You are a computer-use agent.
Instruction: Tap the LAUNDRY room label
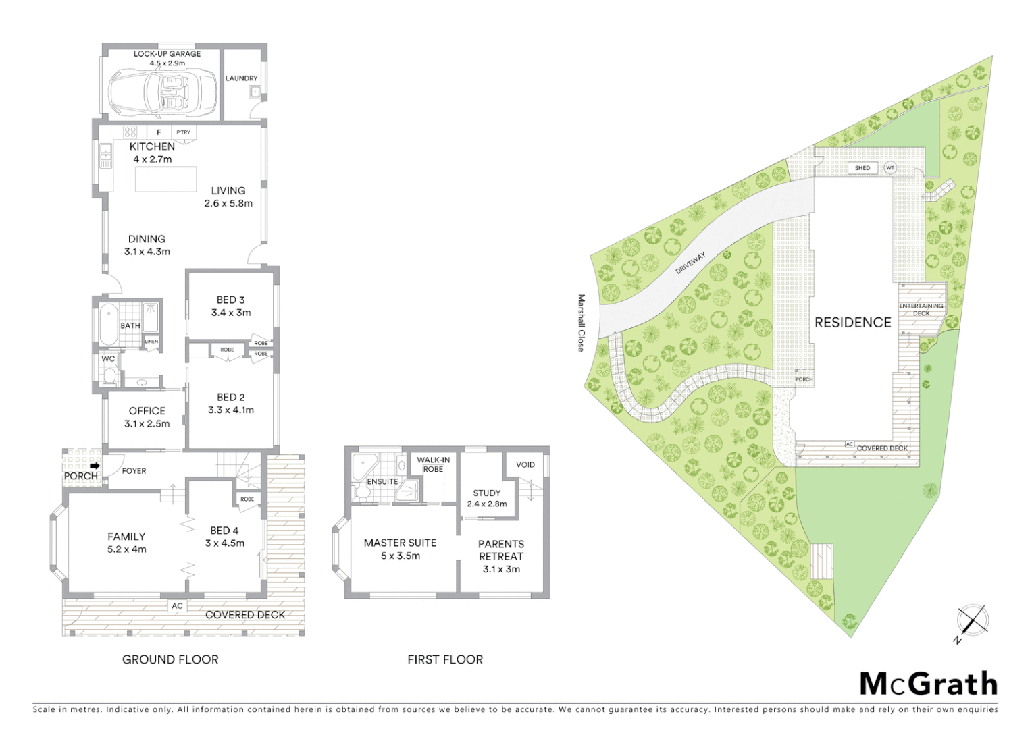pyautogui.click(x=242, y=78)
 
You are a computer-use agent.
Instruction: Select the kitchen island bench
pyautogui.click(x=165, y=180)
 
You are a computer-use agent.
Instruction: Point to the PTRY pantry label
pyautogui.click(x=183, y=132)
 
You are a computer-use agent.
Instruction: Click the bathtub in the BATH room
pyautogui.click(x=108, y=325)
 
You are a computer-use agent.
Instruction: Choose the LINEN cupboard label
pyautogui.click(x=151, y=342)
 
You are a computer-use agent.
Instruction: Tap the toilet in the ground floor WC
pyautogui.click(x=109, y=375)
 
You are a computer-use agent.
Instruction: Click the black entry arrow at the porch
pyautogui.click(x=95, y=466)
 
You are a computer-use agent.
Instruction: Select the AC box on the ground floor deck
pyautogui.click(x=177, y=605)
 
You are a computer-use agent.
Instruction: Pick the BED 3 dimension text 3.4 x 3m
pyautogui.click(x=231, y=313)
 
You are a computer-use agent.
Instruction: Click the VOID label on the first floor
pyautogui.click(x=525, y=464)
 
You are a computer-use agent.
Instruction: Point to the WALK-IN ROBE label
pyautogui.click(x=433, y=464)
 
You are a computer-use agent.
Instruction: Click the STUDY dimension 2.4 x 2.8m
pyautogui.click(x=486, y=504)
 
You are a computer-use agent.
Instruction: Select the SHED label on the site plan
pyautogui.click(x=862, y=168)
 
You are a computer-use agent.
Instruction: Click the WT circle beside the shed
pyautogui.click(x=890, y=168)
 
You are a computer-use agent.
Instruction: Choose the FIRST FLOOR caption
pyautogui.click(x=445, y=659)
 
